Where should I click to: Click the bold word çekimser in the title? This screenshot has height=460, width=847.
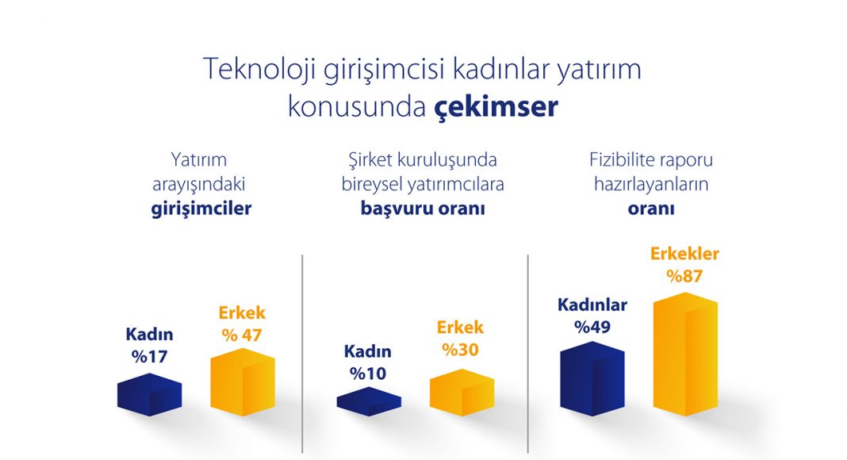[x=496, y=107]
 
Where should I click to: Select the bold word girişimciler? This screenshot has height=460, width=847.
[x=201, y=209]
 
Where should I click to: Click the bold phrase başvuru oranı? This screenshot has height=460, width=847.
[x=423, y=209]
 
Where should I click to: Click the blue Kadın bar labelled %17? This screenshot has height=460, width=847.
[x=150, y=395]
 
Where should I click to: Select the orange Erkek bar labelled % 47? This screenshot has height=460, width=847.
[x=243, y=381]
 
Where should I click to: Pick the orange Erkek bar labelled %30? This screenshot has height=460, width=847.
[x=462, y=393]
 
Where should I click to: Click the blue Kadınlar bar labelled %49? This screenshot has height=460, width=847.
[x=592, y=378]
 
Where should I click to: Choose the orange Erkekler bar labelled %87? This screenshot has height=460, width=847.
[x=685, y=355]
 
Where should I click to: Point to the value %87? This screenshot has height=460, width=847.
[x=684, y=276]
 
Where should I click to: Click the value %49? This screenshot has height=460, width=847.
[x=592, y=327]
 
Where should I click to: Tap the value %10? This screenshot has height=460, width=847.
[x=368, y=373]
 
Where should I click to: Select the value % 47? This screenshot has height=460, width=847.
[x=241, y=335]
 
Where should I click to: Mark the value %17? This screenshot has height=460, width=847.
[x=150, y=356]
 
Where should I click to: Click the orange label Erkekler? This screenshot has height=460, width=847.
[x=684, y=253]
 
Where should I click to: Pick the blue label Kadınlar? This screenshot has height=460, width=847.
[x=592, y=305]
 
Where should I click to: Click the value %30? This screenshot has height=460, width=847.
[x=460, y=349]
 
